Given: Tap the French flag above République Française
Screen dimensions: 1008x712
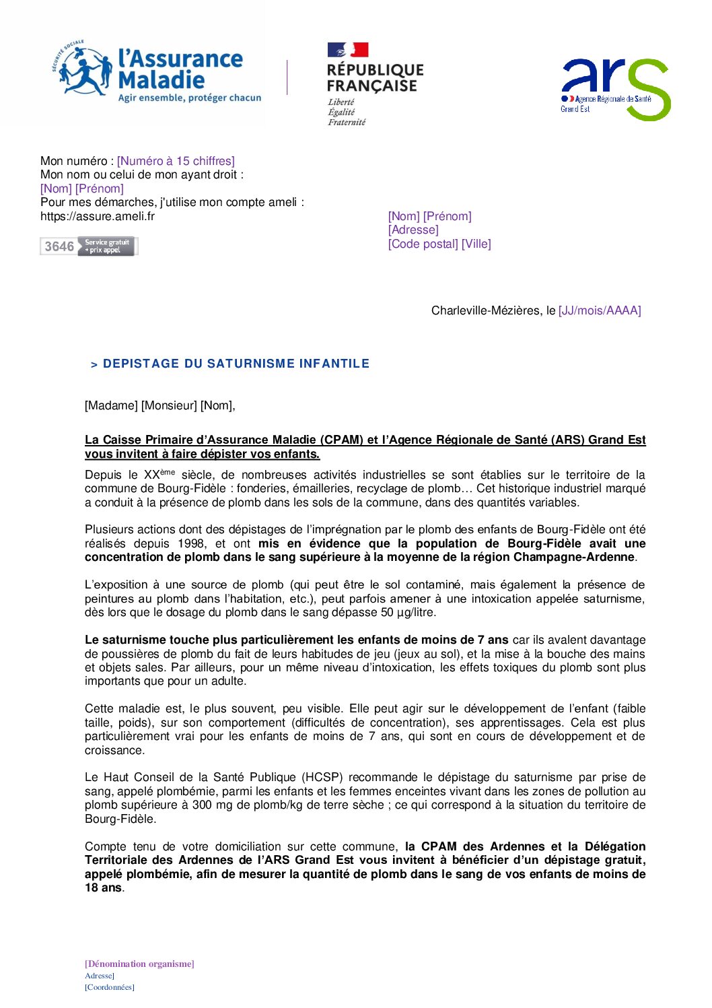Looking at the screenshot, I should tap(348, 50).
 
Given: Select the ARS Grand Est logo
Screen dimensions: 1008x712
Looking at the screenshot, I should tap(615, 89).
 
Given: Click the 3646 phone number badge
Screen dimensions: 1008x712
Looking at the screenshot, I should tap(88, 246).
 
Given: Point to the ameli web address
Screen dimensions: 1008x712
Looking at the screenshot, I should tap(98, 216).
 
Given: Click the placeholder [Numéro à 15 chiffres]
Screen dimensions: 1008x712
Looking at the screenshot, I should tap(176, 161).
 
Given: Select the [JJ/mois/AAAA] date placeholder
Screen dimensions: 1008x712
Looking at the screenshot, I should tap(600, 310).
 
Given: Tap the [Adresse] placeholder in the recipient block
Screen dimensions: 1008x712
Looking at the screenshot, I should tap(413, 230).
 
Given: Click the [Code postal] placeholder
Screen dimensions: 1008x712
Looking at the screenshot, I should tap(423, 244).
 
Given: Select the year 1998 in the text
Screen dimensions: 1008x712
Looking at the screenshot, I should tap(192, 543).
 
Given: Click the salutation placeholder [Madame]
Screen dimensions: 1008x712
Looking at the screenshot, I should tap(111, 405).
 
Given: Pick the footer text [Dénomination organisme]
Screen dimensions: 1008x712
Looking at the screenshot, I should tap(139, 964).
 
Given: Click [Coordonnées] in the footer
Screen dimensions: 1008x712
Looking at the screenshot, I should tap(110, 987).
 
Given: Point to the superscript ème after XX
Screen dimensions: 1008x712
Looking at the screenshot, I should tap(168, 472).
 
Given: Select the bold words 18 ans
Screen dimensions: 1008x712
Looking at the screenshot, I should tap(104, 887).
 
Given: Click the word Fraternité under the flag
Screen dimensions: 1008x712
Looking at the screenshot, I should tap(347, 123).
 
